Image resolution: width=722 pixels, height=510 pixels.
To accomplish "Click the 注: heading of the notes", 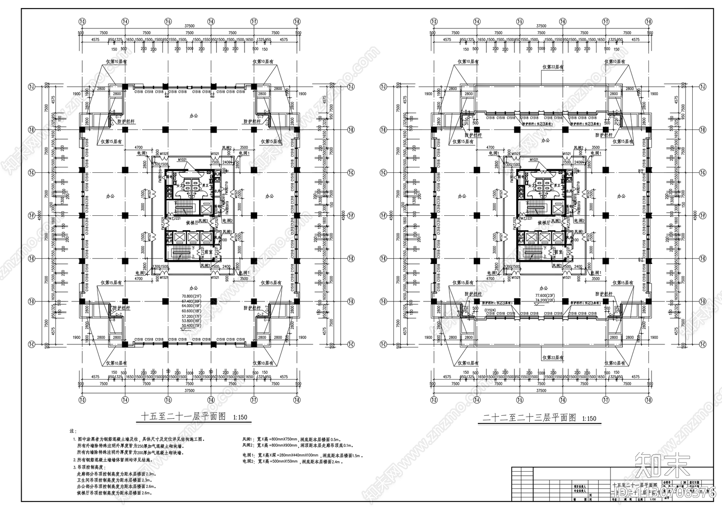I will point(73,431).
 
